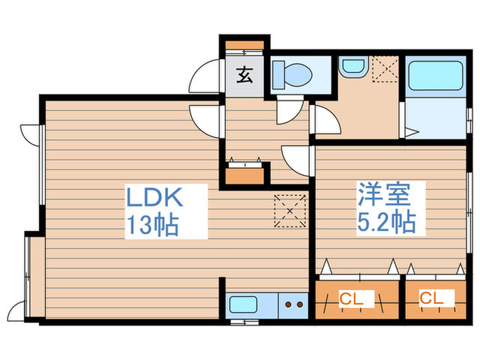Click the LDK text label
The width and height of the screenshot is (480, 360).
click(x=153, y=198)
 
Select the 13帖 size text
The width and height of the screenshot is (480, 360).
click(x=152, y=224)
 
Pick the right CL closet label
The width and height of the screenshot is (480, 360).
click(x=431, y=298)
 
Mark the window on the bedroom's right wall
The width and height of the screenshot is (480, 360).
click(x=470, y=206)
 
